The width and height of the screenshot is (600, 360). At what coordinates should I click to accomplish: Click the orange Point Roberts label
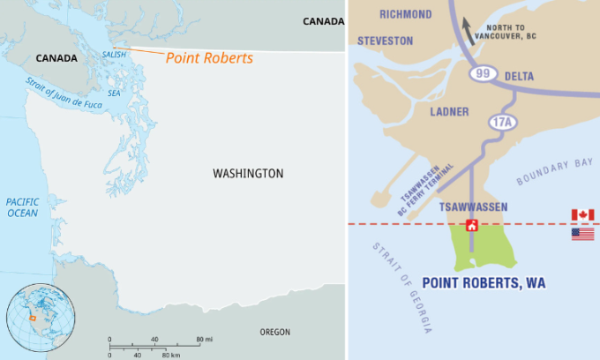tap(209, 57)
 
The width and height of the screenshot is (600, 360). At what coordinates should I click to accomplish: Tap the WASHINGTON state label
tap(248, 174)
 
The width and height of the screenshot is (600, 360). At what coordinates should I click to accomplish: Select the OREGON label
tap(274, 332)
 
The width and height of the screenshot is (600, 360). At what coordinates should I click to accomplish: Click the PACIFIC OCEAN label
tap(22, 207)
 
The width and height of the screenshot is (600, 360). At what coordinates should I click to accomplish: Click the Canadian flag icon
tap(582, 215)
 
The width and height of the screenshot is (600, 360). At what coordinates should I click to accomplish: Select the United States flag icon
tap(582, 234)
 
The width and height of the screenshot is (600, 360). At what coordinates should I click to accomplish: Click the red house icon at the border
tap(472, 225)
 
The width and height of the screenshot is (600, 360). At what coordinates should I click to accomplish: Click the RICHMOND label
tap(406, 15)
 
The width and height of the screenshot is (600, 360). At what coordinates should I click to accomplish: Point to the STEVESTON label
tap(384, 41)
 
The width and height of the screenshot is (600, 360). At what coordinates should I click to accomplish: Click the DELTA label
tap(519, 77)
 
